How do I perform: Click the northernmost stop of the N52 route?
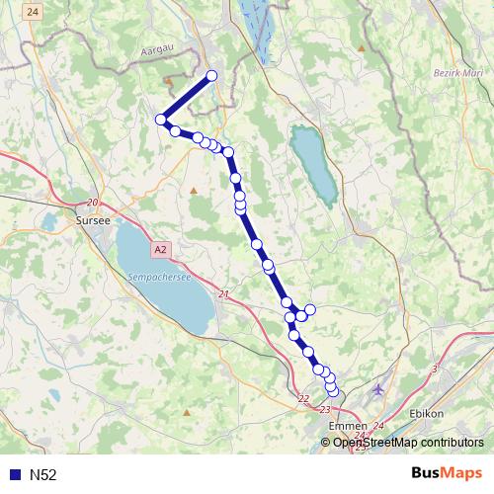[x=210, y=76]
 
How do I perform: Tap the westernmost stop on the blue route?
[x=160, y=120]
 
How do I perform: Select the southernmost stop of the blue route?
[x=332, y=392]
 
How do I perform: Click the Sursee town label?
[x=94, y=222]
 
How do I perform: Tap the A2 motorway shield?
[x=161, y=249]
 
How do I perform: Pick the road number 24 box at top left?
[x=35, y=12]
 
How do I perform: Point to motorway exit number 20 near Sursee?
[x=93, y=202]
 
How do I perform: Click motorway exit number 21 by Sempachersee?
[x=223, y=294]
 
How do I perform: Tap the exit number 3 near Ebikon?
[x=435, y=369]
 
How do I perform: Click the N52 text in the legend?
[x=43, y=474]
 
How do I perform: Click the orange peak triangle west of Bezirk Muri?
[x=363, y=47]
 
